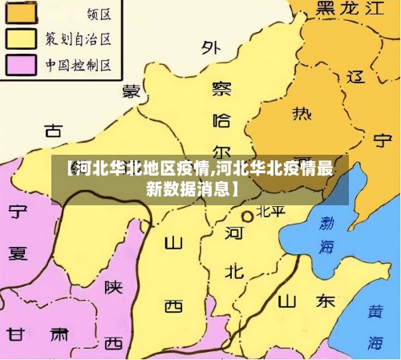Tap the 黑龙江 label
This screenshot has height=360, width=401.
click(351, 10)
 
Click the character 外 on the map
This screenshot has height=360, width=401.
click(211, 48)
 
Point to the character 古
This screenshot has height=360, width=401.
click(54, 130)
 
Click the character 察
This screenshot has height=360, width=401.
click(221, 88)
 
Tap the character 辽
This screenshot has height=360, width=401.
click(356, 78)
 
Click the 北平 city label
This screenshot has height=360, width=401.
click(270, 212)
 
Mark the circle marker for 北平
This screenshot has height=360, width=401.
click(248, 215)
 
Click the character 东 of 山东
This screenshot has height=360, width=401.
click(325, 301)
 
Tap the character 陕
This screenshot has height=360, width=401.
click(113, 286)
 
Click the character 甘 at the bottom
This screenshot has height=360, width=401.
click(16, 334)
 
